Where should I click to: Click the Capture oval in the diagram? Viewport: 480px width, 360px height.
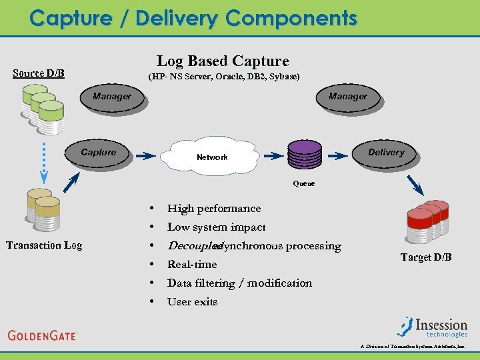coord(98,153)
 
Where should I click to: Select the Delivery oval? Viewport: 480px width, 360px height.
coord(385,153)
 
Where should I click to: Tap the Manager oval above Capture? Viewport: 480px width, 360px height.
coord(111,97)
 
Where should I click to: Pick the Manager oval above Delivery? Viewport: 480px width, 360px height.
coord(347,97)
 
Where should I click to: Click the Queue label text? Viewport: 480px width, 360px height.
coord(304,183)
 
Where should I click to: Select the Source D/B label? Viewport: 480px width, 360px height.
coord(39,73)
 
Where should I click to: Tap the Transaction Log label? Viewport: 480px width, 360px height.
coord(44,245)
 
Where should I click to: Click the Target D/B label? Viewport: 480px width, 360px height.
coord(426,257)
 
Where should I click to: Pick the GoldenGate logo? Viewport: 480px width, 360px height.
coord(43,335)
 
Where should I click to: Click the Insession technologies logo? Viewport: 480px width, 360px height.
coord(433,326)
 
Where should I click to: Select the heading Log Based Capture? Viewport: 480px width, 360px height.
coord(223,61)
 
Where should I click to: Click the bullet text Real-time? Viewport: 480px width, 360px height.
coord(192,265)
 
